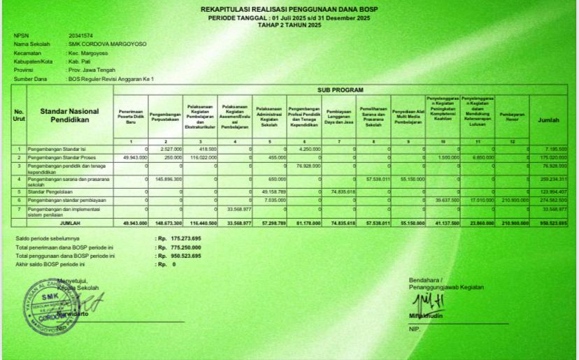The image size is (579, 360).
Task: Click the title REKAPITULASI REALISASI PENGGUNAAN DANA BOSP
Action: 289,9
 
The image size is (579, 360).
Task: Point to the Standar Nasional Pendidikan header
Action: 69,115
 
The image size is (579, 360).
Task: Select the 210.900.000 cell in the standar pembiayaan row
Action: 515,200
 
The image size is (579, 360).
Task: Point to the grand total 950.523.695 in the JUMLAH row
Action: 552,223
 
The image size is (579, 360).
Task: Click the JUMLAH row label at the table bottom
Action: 70,223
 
